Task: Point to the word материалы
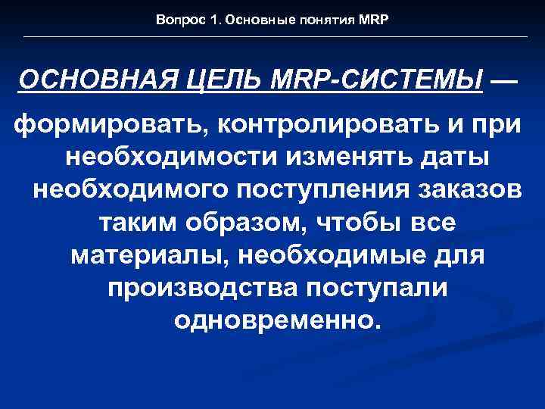pyautogui.click(x=151, y=254)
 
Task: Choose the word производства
pyautogui.click(x=199, y=288)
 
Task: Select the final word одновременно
pyautogui.click(x=274, y=321)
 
